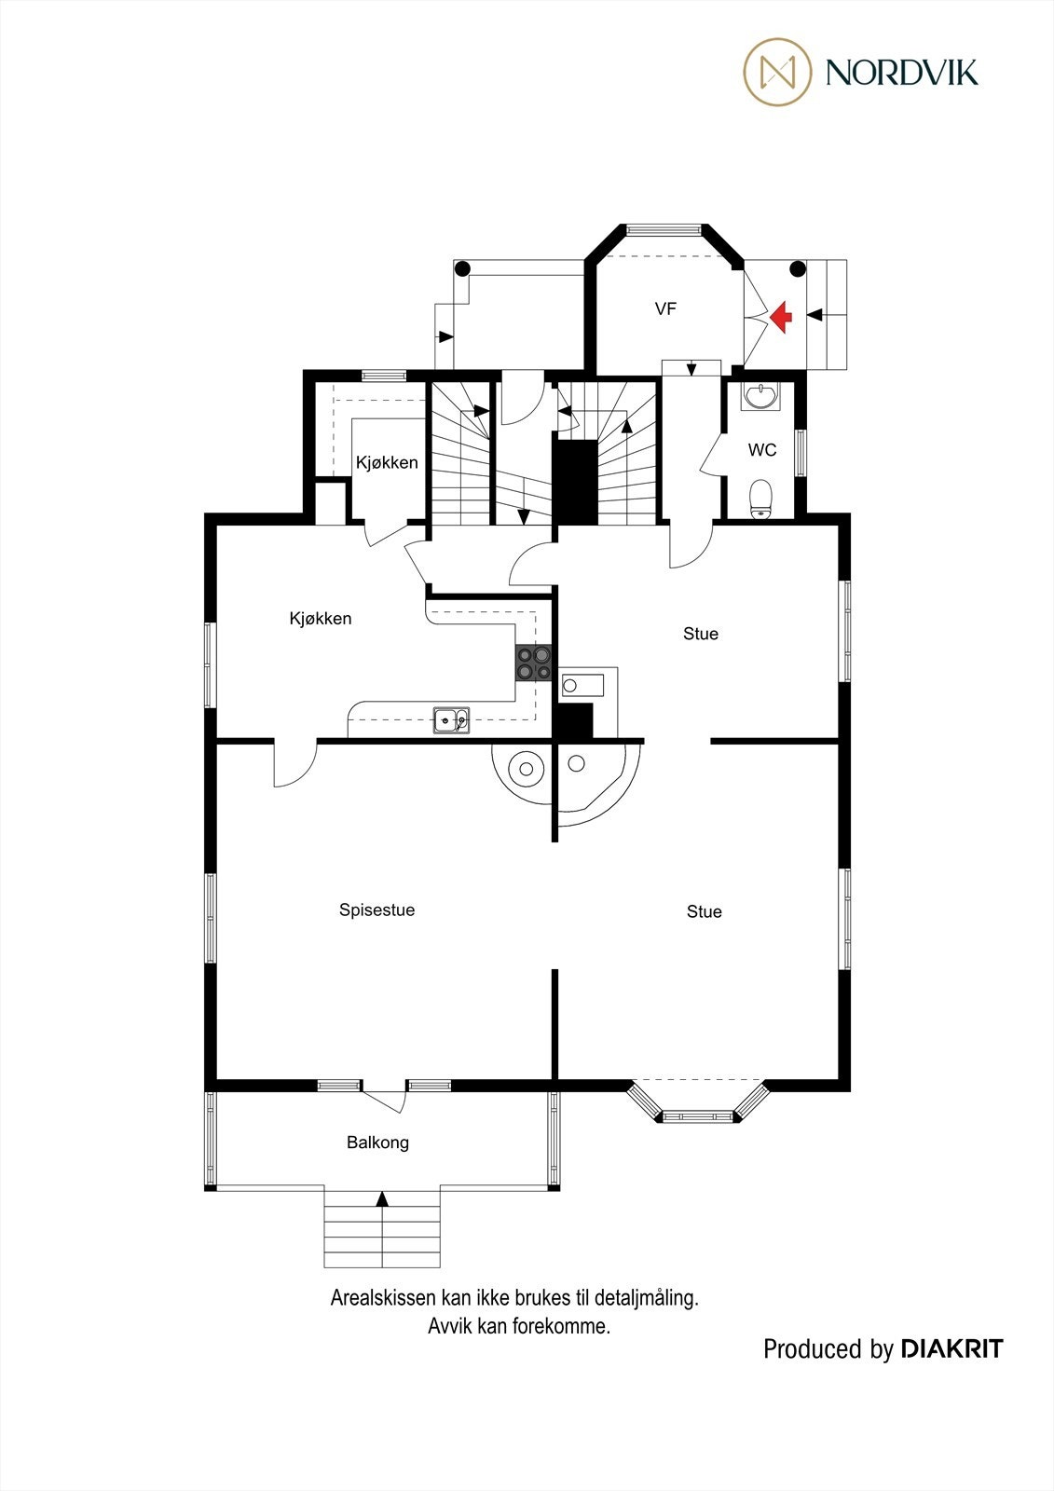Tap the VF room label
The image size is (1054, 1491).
click(664, 308)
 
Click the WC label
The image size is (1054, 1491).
click(761, 450)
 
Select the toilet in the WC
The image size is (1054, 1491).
click(761, 497)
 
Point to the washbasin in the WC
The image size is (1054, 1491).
click(761, 397)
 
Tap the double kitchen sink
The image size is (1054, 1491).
click(451, 719)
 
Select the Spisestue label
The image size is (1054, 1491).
click(376, 910)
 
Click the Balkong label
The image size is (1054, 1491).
click(377, 1142)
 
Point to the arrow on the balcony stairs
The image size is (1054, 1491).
click(381, 1198)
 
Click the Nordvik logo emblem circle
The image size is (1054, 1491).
click(777, 72)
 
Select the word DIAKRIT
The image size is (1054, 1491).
click(951, 1348)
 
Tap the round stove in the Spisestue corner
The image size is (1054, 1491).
click(526, 769)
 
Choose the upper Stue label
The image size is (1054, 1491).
click(700, 634)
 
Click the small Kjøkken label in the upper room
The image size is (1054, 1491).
click(387, 462)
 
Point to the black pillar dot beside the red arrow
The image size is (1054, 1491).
click(797, 269)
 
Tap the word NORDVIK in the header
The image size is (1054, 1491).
click(901, 72)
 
